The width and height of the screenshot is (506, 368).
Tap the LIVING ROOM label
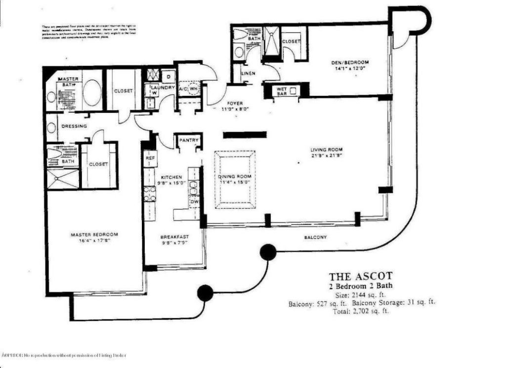coord(327,149)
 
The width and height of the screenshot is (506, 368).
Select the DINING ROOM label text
coord(235,177)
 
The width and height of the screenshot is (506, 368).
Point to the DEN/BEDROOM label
coord(350,62)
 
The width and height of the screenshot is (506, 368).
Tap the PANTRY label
coord(188,140)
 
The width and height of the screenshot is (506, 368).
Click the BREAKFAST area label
coord(174,236)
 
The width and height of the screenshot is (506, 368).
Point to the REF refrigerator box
coord(149,159)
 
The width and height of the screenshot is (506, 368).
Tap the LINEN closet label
coord(247,74)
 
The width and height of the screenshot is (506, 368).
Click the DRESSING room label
coord(74,126)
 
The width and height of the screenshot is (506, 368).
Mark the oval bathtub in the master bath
coord(91,93)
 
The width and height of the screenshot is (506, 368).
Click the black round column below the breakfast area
coord(205,293)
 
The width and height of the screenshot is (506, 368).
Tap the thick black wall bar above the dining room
coord(245,135)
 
